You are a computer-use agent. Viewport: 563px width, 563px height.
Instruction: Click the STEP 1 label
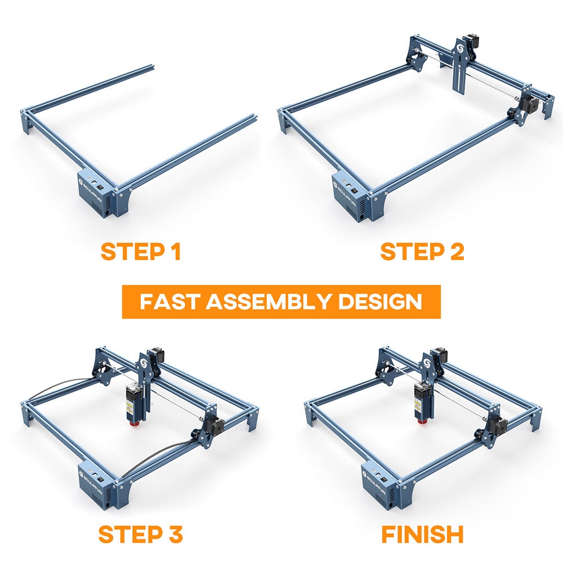(x=140, y=251)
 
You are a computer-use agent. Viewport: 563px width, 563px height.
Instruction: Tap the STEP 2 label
(x=422, y=251)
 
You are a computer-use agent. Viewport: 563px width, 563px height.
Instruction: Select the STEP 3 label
(x=140, y=534)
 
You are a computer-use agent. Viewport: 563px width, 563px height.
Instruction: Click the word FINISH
(x=422, y=534)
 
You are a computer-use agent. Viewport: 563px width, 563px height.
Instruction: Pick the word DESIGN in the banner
(x=380, y=302)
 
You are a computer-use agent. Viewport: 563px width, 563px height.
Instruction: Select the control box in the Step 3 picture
(x=97, y=485)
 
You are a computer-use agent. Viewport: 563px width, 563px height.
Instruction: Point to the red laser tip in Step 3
(x=135, y=423)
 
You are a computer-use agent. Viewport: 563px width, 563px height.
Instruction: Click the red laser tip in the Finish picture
(x=423, y=419)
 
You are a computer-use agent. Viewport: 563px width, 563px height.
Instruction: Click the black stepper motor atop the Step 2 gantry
(x=470, y=42)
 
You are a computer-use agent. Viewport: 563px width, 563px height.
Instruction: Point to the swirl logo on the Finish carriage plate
(x=427, y=364)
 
